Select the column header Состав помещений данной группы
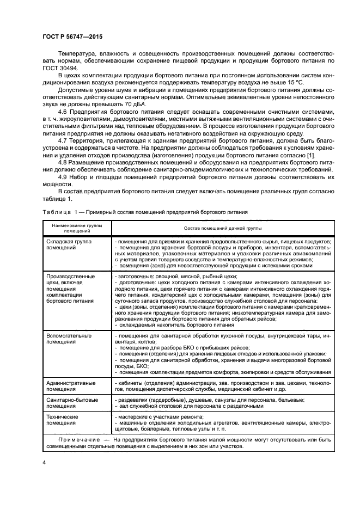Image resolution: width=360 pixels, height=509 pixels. (215, 228)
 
